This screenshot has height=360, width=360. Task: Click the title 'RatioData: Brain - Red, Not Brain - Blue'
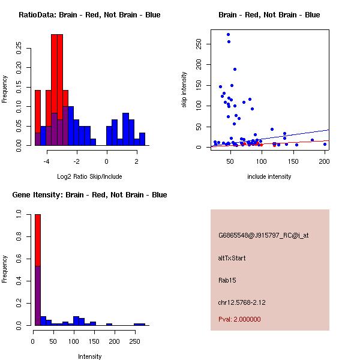point(89,15)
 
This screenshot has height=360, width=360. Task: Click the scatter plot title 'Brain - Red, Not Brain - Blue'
point(269,15)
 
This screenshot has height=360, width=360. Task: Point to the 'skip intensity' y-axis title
point(184,90)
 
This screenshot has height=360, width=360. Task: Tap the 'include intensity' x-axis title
point(269,176)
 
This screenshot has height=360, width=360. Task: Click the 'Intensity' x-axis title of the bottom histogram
point(90,356)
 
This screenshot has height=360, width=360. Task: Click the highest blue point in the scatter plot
point(229,35)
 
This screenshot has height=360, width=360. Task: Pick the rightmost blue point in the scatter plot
point(325,144)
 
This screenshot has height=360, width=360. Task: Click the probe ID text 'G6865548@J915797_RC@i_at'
point(263,236)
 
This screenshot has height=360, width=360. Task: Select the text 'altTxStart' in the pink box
point(232,258)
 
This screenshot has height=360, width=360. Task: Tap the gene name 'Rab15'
point(227,280)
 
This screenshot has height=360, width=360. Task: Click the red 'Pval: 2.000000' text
point(239,319)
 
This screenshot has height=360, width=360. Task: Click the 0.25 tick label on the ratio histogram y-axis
point(20,48)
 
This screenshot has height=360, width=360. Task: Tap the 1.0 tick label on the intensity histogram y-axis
point(20,214)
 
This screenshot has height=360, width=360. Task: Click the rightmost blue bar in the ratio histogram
point(142,139)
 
